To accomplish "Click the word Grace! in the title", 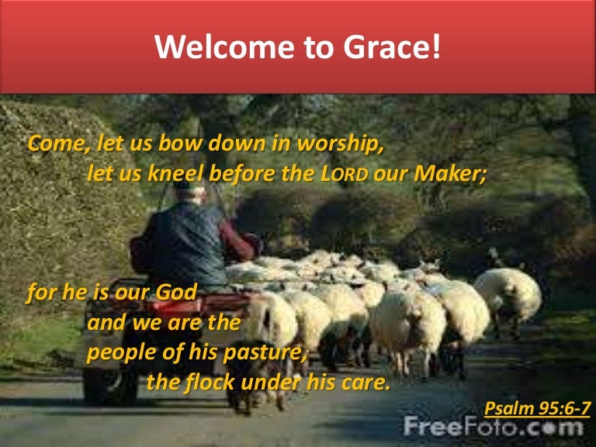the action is [x=392, y=47].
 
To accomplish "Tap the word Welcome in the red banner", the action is [x=224, y=47].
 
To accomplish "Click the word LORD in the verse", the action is [x=344, y=174].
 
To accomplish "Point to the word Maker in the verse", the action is [x=448, y=173].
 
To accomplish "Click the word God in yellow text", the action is [x=176, y=293].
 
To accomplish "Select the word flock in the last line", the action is [x=210, y=382].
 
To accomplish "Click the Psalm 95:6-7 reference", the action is [x=538, y=409].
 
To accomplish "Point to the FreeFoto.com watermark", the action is [x=493, y=427].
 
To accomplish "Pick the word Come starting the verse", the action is [x=56, y=144].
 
